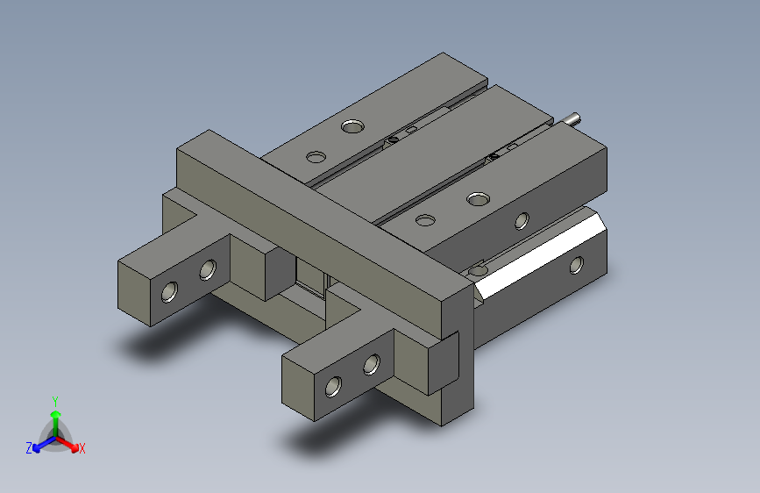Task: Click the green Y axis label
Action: pos(54,399)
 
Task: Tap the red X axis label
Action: pos(82,448)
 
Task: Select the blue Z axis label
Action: pos(29,447)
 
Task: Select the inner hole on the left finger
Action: pos(208,269)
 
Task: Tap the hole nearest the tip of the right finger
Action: pos(333,385)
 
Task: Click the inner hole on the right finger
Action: pos(372,362)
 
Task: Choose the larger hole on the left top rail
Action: pos(352,126)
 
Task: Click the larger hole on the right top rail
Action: pos(478,199)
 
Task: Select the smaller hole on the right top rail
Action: pos(426,220)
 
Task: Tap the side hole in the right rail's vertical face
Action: pos(522,219)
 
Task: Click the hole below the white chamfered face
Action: pos(576,264)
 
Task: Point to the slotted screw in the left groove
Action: pos(394,138)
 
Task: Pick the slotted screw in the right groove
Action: pos(494,155)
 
